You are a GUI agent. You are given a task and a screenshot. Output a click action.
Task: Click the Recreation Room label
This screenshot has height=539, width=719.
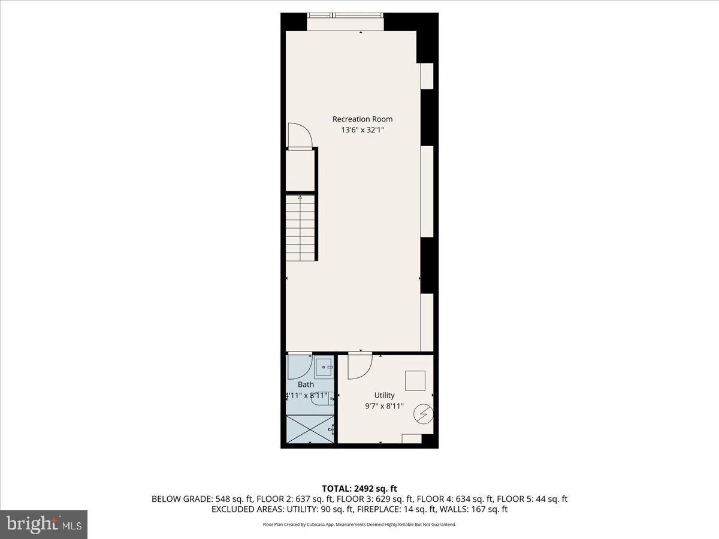362,119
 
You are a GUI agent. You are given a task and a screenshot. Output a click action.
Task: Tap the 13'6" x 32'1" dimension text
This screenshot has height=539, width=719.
362,130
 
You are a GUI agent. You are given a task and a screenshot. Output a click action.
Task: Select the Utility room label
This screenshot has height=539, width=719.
384,395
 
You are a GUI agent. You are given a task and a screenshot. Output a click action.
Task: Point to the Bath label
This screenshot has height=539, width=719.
306,384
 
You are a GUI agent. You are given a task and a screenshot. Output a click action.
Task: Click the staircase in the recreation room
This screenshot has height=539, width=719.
301,228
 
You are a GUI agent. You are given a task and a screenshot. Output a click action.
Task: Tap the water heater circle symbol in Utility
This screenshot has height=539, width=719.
423,414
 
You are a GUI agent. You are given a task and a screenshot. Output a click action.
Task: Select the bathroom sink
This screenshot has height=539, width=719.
324,367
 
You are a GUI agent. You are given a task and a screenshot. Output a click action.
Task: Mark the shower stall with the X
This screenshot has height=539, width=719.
309,429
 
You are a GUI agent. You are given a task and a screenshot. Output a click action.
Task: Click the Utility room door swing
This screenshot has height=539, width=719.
359,365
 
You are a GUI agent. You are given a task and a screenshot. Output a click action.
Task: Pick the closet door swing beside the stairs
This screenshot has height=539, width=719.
300,135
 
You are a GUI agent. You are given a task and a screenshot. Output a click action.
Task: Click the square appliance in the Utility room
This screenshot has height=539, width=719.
415,380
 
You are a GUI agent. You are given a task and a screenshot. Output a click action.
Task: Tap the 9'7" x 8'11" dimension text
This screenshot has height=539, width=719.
384,406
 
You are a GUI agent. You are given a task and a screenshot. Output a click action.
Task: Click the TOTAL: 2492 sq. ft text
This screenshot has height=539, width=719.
359,488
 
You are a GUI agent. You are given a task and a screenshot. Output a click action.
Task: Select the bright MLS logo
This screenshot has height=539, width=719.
44,524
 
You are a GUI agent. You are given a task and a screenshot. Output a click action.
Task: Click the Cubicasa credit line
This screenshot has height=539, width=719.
359,525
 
